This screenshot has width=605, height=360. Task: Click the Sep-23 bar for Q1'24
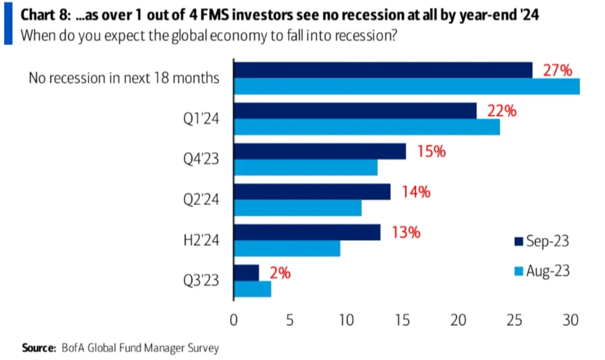[x=355, y=111]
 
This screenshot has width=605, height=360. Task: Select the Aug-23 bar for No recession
[x=406, y=86]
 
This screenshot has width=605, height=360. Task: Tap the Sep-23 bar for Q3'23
[x=246, y=273]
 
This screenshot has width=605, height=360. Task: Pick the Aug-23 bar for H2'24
[x=287, y=248]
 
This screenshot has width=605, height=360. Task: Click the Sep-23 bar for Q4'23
[x=320, y=151]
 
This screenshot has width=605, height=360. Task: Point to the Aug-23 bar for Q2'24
[x=298, y=208]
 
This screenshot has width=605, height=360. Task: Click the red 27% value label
[x=558, y=70]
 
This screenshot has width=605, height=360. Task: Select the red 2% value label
[x=280, y=273]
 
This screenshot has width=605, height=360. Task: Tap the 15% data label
[x=431, y=151]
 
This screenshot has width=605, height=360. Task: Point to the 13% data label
[x=406, y=233]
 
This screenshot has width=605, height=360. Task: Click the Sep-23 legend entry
[x=542, y=241]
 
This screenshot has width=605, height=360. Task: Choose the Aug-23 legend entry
[x=542, y=271]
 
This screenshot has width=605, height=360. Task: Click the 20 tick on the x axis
[x=458, y=320]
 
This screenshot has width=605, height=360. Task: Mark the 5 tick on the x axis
[x=290, y=320]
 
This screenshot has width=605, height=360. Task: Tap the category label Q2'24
[x=201, y=199]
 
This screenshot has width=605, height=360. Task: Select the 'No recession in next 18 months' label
[x=124, y=78]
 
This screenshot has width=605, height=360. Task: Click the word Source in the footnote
[x=39, y=348]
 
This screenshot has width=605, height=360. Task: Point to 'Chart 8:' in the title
[x=45, y=15]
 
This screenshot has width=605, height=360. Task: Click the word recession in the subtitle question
[x=366, y=36]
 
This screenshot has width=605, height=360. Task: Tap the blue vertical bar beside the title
[x=8, y=24]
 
